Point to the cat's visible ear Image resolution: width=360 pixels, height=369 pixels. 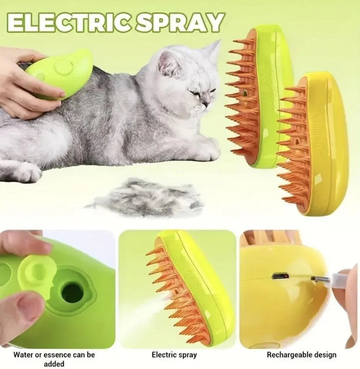[169, 63]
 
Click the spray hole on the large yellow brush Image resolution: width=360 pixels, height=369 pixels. [297, 142]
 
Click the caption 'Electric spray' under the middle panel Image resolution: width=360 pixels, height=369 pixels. [174, 355]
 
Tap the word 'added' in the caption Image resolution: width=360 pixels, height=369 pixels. [54, 364]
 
